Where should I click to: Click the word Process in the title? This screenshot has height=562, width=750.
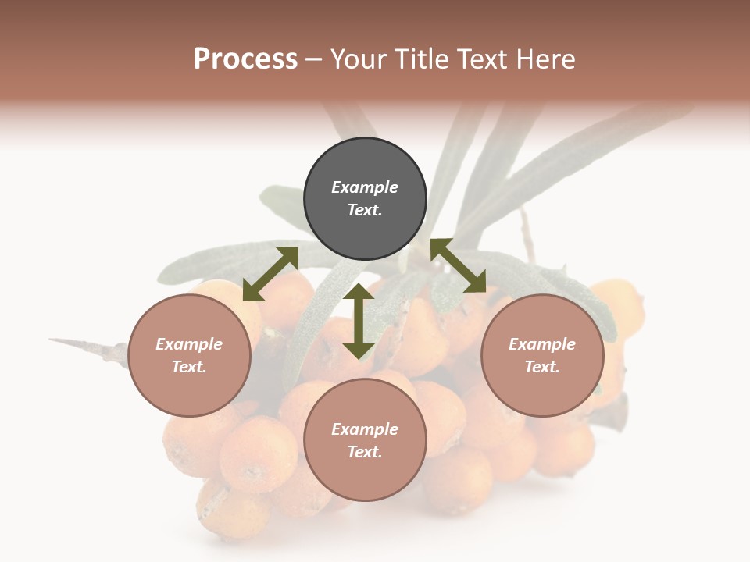pos(245,59)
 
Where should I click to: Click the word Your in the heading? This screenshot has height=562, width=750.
pos(358,59)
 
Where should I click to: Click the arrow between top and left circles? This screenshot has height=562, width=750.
pos(271,273)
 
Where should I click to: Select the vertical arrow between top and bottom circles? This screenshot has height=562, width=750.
pos(359,321)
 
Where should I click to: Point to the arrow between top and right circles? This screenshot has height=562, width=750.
pos(458,265)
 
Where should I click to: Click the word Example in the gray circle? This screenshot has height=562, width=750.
pos(365,187)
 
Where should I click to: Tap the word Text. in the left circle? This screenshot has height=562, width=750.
pos(189,367)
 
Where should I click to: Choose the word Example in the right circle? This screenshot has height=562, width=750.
pos(542,344)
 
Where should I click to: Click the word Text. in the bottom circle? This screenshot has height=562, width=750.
pos(365,452)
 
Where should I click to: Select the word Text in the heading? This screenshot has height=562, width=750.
pos(480,59)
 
